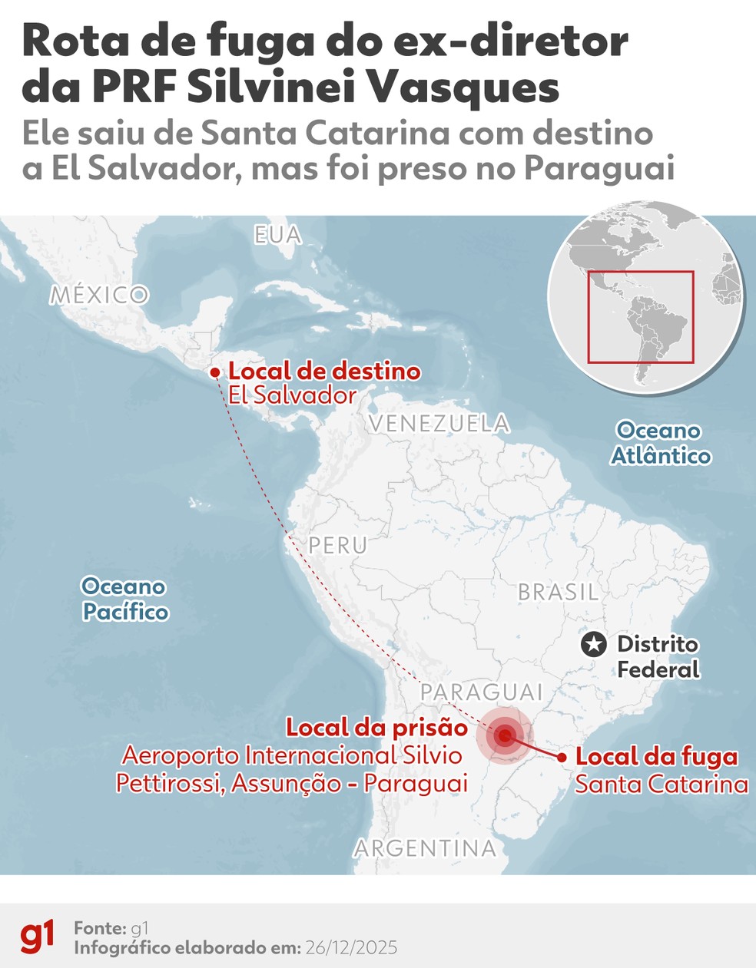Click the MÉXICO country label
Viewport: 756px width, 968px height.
[x=99, y=295]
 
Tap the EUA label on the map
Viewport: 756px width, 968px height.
[x=277, y=235]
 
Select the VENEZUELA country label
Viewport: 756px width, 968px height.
[x=439, y=423]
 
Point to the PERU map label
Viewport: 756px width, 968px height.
[x=338, y=545]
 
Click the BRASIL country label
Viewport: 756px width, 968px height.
[x=558, y=592]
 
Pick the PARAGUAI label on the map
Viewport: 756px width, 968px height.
[x=482, y=692]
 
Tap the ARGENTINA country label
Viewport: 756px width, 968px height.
[x=425, y=848]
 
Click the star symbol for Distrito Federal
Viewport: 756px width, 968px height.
[x=593, y=645]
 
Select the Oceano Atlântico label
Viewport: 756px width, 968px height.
[x=661, y=443]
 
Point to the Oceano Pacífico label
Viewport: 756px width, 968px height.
[x=124, y=600]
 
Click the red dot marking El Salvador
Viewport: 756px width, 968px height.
[x=215, y=373]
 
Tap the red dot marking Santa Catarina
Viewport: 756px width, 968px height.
[x=562, y=758]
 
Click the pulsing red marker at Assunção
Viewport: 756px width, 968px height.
[x=504, y=736]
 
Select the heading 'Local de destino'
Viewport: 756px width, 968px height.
[x=324, y=372]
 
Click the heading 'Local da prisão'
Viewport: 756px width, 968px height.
[x=376, y=728]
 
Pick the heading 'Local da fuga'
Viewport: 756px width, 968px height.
[x=657, y=757]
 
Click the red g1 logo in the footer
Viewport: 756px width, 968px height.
[x=38, y=937]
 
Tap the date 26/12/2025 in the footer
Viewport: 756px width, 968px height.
[x=351, y=948]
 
